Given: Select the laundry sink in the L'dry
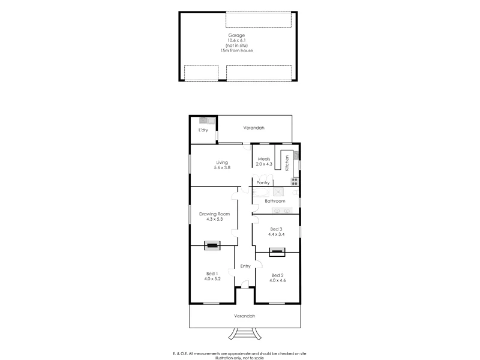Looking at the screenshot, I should [203, 120].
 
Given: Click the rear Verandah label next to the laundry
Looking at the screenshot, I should [254, 128].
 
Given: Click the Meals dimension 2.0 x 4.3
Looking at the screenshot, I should [264, 164].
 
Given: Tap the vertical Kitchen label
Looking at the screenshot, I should [287, 163].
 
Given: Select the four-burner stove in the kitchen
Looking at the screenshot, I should [294, 181].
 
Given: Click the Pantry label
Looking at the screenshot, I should [263, 182].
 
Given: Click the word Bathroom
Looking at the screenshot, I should [275, 201].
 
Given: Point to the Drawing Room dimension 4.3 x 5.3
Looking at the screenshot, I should [212, 219].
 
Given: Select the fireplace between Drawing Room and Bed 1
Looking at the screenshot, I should [212, 245].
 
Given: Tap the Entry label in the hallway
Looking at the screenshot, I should [245, 266].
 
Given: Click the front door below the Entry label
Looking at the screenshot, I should [244, 284].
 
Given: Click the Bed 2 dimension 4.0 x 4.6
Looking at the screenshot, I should [277, 280].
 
